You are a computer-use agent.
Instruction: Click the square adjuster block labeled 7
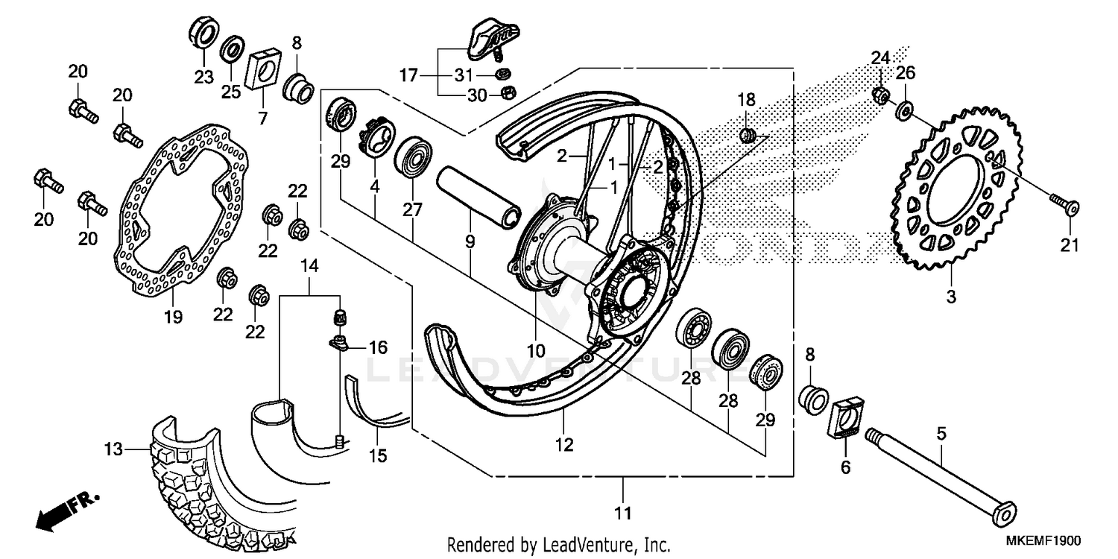pos(261,66)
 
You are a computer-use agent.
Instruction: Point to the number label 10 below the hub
pos(537,350)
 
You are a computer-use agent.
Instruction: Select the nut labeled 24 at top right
pos(880,95)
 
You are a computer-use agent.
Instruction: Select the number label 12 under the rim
pos(564,445)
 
